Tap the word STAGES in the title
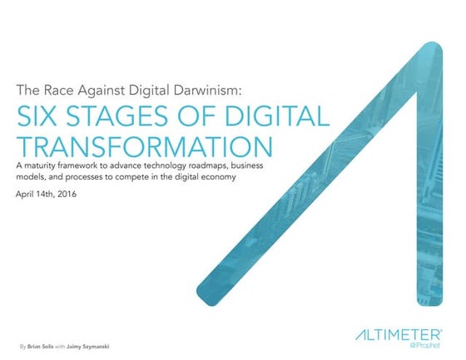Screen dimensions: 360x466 tap(102, 116)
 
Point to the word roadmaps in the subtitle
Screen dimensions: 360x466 tap(202, 169)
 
